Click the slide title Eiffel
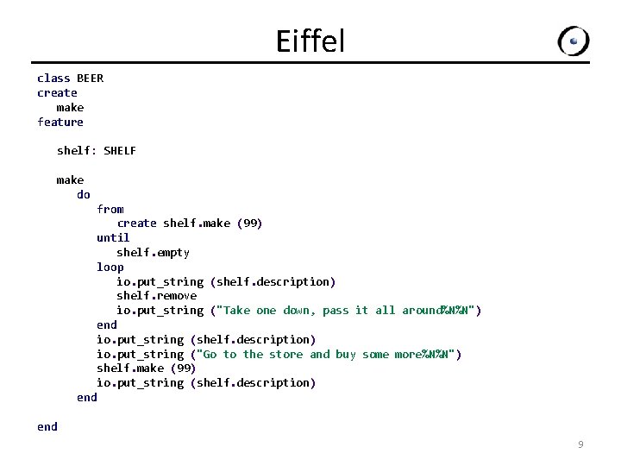pyautogui.click(x=310, y=41)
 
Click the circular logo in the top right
pyautogui.click(x=574, y=41)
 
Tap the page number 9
pyautogui.click(x=580, y=444)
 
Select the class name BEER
pyautogui.click(x=90, y=79)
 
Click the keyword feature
pyautogui.click(x=60, y=122)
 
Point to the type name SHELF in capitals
pyautogui.click(x=120, y=151)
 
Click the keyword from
pyautogui.click(x=110, y=209)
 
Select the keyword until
pyautogui.click(x=113, y=238)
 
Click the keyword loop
pyautogui.click(x=110, y=267)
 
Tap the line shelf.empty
pyautogui.click(x=153, y=253)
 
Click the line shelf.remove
pyautogui.click(x=156, y=296)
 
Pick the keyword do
pyautogui.click(x=84, y=194)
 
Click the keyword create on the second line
pyautogui.click(x=57, y=93)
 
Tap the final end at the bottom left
pyautogui.click(x=47, y=426)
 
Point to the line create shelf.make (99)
pyautogui.click(x=190, y=224)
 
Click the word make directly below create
pyautogui.click(x=70, y=108)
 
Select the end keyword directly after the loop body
pyautogui.click(x=107, y=325)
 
